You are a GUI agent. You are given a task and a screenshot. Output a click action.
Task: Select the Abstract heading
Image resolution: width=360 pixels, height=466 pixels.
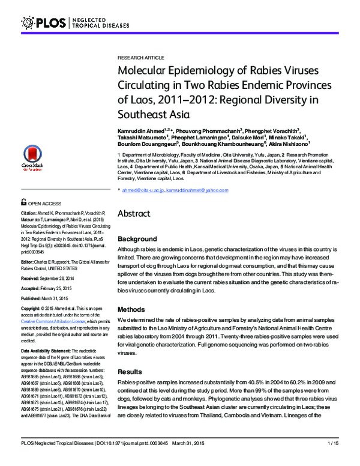click(134, 213)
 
